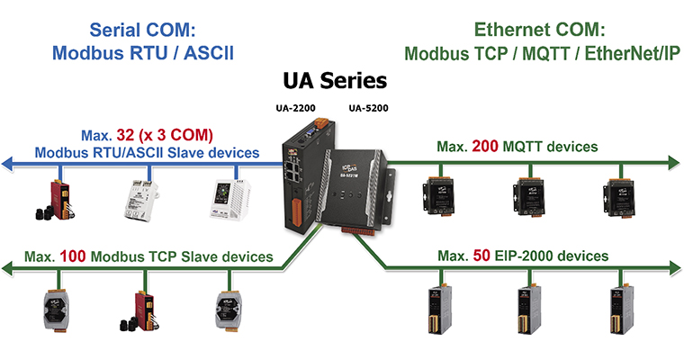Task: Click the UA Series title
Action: click(335, 81)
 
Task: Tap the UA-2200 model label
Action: click(295, 108)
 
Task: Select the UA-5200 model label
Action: click(368, 108)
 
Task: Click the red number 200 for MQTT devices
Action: click(485, 146)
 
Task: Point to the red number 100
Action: click(72, 256)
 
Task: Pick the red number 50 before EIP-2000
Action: click(481, 256)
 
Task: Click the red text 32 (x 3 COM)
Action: click(165, 135)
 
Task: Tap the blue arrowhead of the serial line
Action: click(7, 164)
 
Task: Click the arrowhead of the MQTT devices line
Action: click(674, 163)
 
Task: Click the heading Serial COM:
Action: click(142, 30)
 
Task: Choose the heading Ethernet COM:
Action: click(540, 30)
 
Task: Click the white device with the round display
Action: click(230, 199)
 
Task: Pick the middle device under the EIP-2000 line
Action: click(528, 310)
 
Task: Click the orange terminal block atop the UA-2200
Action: click(321, 122)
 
